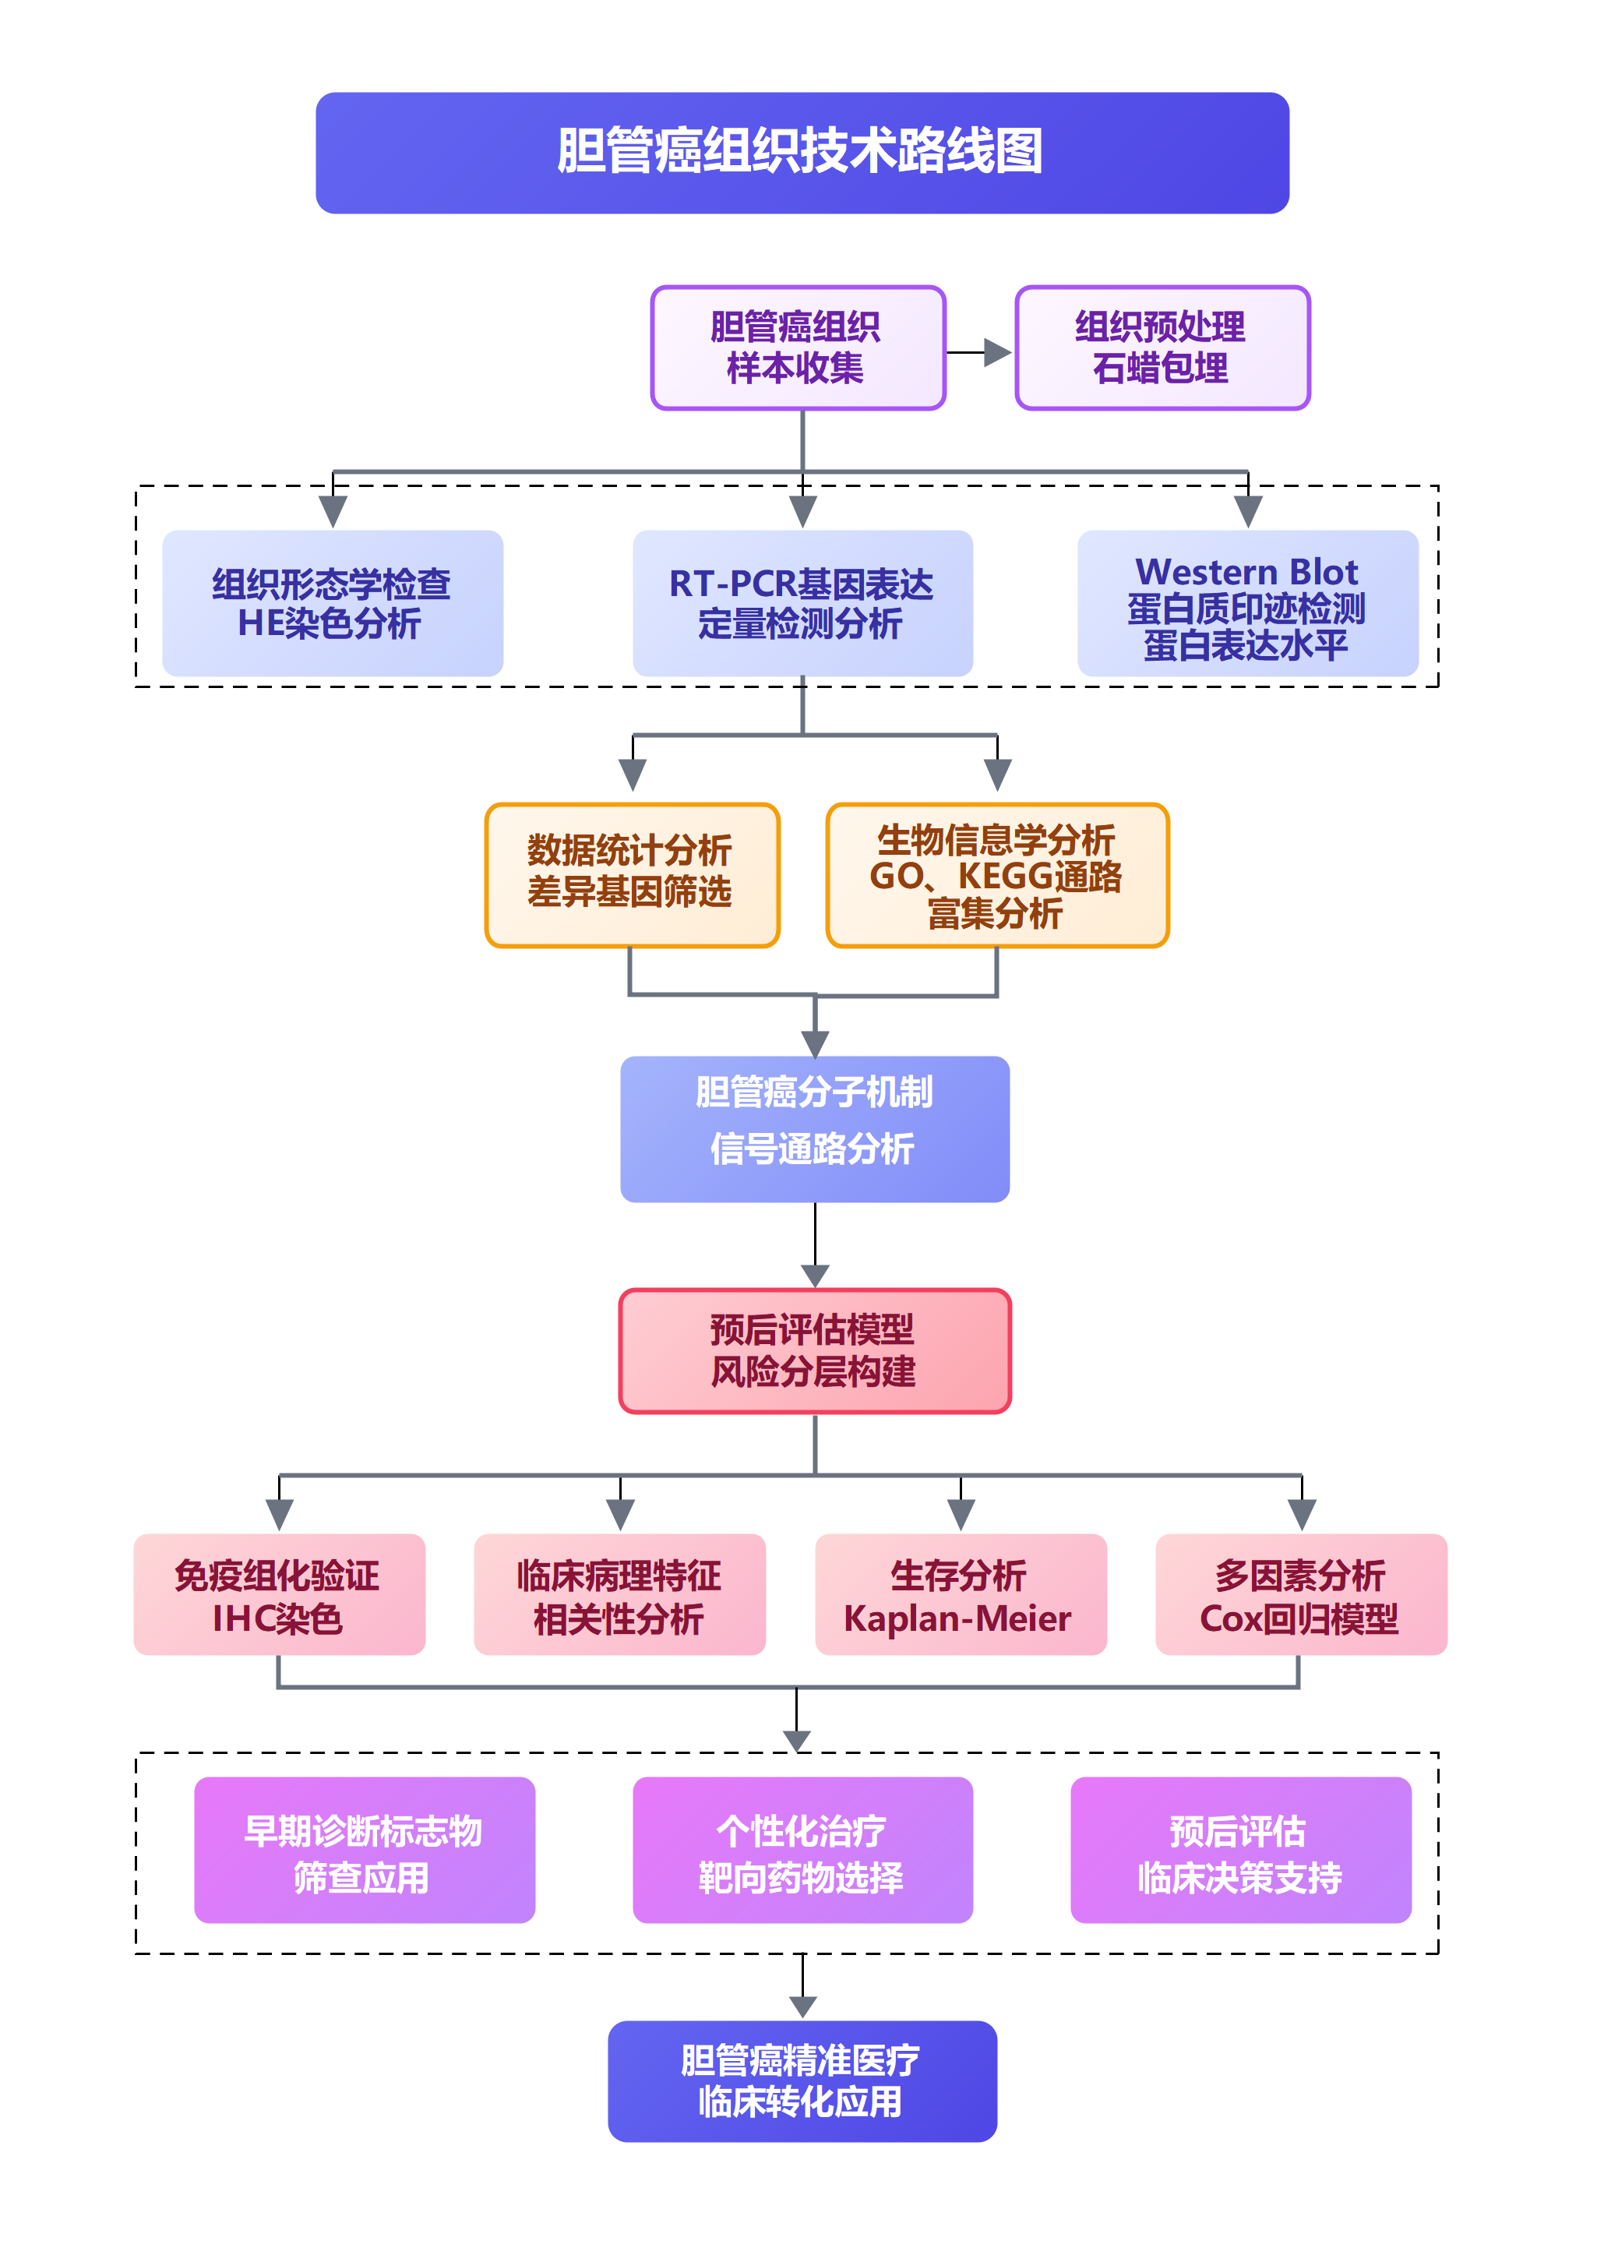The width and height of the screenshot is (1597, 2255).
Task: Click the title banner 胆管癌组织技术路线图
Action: point(802,153)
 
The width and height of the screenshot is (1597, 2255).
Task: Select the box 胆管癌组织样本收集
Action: point(798,348)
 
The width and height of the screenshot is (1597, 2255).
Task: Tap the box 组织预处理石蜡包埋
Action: point(1162,348)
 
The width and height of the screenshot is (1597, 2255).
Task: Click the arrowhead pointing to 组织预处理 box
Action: point(997,352)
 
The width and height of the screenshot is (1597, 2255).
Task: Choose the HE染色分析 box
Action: point(333,603)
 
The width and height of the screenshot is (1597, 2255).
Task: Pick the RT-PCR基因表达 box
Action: point(802,603)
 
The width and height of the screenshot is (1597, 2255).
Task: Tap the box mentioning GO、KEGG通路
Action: point(997,874)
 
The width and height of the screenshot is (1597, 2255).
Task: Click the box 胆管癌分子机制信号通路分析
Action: point(814,1128)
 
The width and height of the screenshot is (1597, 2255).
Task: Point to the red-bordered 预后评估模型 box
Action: point(814,1350)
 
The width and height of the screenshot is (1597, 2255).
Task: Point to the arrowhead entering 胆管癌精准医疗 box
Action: point(802,2006)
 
